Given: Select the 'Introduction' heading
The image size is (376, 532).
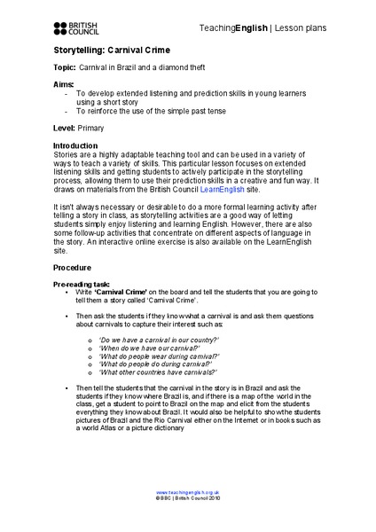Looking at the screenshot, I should pos(78,145).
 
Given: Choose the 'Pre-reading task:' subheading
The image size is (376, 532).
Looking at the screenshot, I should pos(82,283).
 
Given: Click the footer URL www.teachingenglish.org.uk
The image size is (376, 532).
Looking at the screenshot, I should pos(188,491).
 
